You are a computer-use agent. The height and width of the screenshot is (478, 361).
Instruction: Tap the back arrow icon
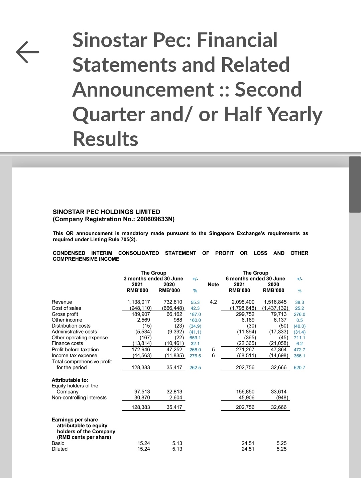(x=27, y=52)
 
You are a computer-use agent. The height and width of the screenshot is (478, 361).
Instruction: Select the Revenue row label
(x=62, y=302)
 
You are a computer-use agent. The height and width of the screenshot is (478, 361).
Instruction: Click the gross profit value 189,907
(x=141, y=314)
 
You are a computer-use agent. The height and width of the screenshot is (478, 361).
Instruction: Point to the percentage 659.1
(x=195, y=338)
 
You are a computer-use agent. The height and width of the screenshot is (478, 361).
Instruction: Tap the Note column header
(x=213, y=284)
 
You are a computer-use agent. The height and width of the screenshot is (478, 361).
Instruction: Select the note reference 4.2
(x=213, y=302)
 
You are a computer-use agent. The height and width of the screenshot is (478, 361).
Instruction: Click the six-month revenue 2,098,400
(x=243, y=302)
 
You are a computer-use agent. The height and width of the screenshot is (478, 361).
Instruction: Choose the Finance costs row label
(x=68, y=343)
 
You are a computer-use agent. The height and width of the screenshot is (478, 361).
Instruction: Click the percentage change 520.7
(x=299, y=368)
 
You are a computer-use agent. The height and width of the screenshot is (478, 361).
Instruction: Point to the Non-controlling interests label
(x=79, y=397)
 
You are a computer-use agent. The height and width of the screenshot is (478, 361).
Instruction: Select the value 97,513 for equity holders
(x=142, y=391)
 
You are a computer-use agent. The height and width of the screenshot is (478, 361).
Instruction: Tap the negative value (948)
(x=282, y=397)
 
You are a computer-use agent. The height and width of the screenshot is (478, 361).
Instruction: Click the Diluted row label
(x=59, y=449)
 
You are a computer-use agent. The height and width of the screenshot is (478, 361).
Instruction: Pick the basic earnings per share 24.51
(x=248, y=443)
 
